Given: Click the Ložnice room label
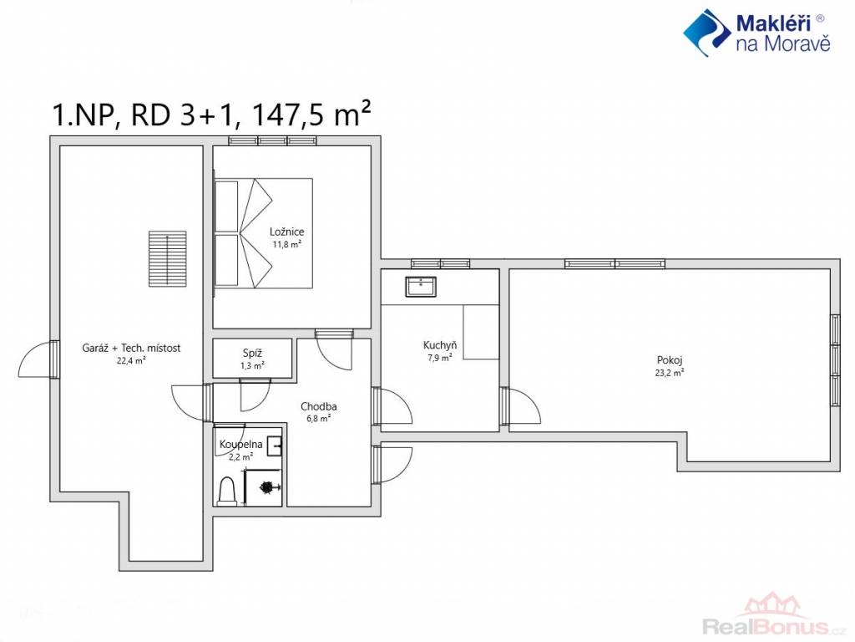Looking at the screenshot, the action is coord(287,232).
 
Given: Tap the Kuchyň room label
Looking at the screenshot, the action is coord(440,345).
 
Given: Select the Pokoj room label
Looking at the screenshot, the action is coord(670,360).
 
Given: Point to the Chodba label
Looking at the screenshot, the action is coord(318,406).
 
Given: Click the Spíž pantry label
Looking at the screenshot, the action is coord(252,354).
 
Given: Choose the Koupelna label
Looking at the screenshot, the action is coord(241,445).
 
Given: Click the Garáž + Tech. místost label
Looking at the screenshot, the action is coord(131,348).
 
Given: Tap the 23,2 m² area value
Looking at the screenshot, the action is coord(670,373).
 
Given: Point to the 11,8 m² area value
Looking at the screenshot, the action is coord(287,245).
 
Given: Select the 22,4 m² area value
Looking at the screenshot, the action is coord(131,360).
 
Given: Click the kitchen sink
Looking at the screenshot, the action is coord(421,287).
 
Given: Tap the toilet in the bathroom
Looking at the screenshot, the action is coord(226,491).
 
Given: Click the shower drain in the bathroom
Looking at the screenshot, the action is coord(266,487).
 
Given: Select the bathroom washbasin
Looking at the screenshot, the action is coord(275,446).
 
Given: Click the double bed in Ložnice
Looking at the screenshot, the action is coord(263,233).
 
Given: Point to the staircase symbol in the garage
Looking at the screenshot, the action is coord(167,259).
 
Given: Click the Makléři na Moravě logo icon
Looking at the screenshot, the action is coord(707,33).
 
